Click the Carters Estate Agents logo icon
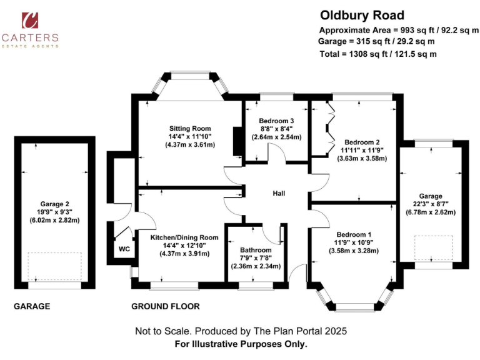29,21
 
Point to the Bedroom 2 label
362,141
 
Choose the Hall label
279,194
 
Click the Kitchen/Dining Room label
184,237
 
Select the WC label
124,249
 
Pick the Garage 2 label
55,203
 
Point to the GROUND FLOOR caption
165,306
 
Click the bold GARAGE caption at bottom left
32,306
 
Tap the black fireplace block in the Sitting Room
237,141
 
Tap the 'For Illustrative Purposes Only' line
241,344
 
